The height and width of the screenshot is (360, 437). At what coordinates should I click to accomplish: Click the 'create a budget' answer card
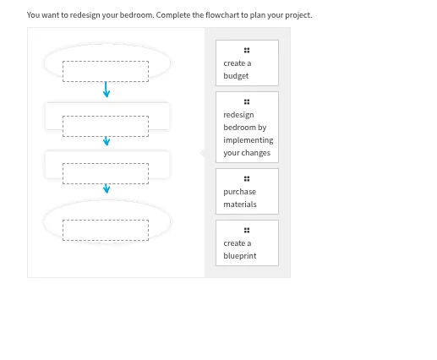point(246,63)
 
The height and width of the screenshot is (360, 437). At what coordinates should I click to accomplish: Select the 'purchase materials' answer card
point(246,192)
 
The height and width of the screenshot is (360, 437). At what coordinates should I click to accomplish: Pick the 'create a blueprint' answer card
point(246,243)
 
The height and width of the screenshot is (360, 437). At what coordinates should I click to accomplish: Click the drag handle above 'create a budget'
point(246,50)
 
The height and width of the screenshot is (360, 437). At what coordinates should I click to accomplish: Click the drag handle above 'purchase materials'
point(246,178)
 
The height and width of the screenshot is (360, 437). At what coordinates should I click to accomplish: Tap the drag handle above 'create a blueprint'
point(246,230)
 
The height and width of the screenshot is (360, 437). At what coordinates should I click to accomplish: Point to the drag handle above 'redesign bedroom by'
point(246,101)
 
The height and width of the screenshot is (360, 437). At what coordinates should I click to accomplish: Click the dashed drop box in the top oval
point(106,71)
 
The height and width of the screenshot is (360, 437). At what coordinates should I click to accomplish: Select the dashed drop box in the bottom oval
point(106,230)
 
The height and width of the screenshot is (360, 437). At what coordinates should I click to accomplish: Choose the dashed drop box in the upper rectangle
point(106,125)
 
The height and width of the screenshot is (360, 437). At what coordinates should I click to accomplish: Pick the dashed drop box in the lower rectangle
point(106,172)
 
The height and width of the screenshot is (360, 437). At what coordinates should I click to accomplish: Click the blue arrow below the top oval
point(107,90)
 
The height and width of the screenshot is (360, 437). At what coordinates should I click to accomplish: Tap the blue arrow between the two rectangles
point(107,141)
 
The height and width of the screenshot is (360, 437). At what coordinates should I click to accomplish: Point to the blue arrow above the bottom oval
point(107,188)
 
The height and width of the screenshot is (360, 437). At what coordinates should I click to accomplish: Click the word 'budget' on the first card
point(236,76)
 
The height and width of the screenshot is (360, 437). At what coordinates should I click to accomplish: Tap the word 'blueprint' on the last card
point(240,256)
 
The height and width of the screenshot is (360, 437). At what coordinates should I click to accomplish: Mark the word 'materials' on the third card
point(240,205)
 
